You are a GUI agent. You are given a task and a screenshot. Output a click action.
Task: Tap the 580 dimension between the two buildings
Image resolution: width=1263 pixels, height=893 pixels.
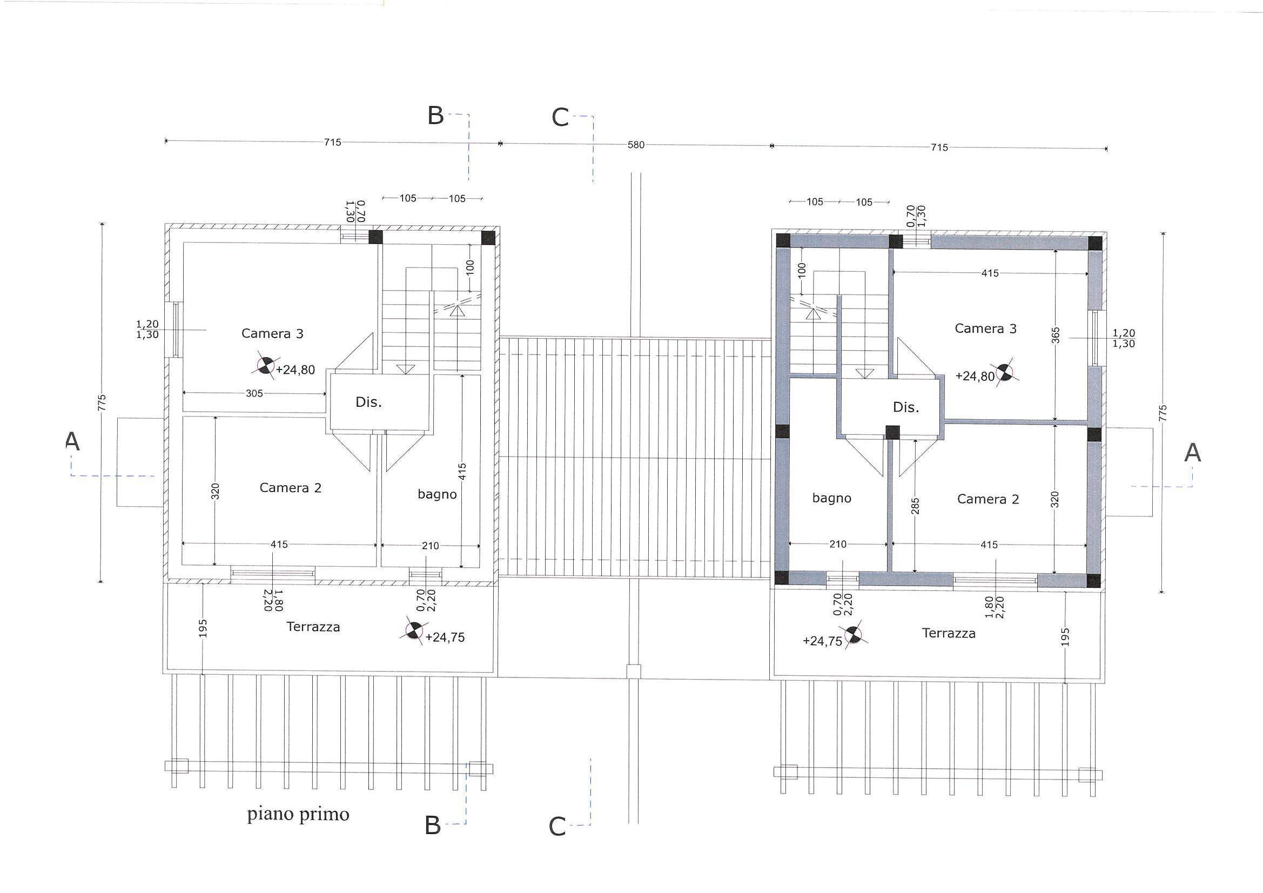(636, 145)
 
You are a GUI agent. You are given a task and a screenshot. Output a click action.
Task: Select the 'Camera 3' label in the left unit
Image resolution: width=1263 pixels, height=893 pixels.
(272, 333)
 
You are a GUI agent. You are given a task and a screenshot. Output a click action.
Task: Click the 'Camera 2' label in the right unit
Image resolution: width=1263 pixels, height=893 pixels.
(988, 499)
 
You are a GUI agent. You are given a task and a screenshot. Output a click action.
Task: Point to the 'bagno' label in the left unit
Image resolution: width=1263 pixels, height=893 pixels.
(438, 495)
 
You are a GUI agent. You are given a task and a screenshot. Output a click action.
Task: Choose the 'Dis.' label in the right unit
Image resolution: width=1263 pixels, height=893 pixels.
(906, 407)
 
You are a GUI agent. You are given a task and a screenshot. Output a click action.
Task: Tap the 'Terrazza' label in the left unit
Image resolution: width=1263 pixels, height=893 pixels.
(313, 627)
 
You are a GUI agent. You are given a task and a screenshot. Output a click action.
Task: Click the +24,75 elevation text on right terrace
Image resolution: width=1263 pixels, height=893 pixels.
(822, 641)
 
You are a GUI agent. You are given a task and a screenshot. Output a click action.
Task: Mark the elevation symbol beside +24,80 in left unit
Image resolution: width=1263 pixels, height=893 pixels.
(266, 365)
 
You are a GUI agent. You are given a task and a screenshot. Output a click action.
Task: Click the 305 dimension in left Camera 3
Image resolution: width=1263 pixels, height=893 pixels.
(254, 393)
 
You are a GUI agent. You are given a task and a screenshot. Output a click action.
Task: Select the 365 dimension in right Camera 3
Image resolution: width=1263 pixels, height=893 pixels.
(1056, 335)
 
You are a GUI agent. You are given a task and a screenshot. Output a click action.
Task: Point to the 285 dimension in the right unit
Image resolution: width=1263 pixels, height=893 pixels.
(915, 506)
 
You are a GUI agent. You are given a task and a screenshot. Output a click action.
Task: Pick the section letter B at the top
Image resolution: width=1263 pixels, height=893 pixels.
(435, 116)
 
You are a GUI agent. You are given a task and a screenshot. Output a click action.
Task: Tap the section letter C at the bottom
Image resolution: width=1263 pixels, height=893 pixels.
(557, 827)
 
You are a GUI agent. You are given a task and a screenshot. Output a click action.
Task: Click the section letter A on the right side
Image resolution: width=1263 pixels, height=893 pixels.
(1192, 452)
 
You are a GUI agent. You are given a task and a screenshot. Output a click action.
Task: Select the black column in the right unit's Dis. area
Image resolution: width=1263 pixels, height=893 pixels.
(892, 433)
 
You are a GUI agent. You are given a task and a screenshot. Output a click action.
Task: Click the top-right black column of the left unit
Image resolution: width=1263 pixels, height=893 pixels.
(488, 238)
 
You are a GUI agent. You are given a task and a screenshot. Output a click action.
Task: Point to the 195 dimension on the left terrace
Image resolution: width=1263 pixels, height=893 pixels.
(203, 628)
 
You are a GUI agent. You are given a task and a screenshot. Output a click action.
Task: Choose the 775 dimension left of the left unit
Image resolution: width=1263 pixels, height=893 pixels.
(101, 402)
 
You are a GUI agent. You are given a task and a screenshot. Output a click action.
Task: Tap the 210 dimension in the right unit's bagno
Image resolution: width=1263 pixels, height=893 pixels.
(838, 544)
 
